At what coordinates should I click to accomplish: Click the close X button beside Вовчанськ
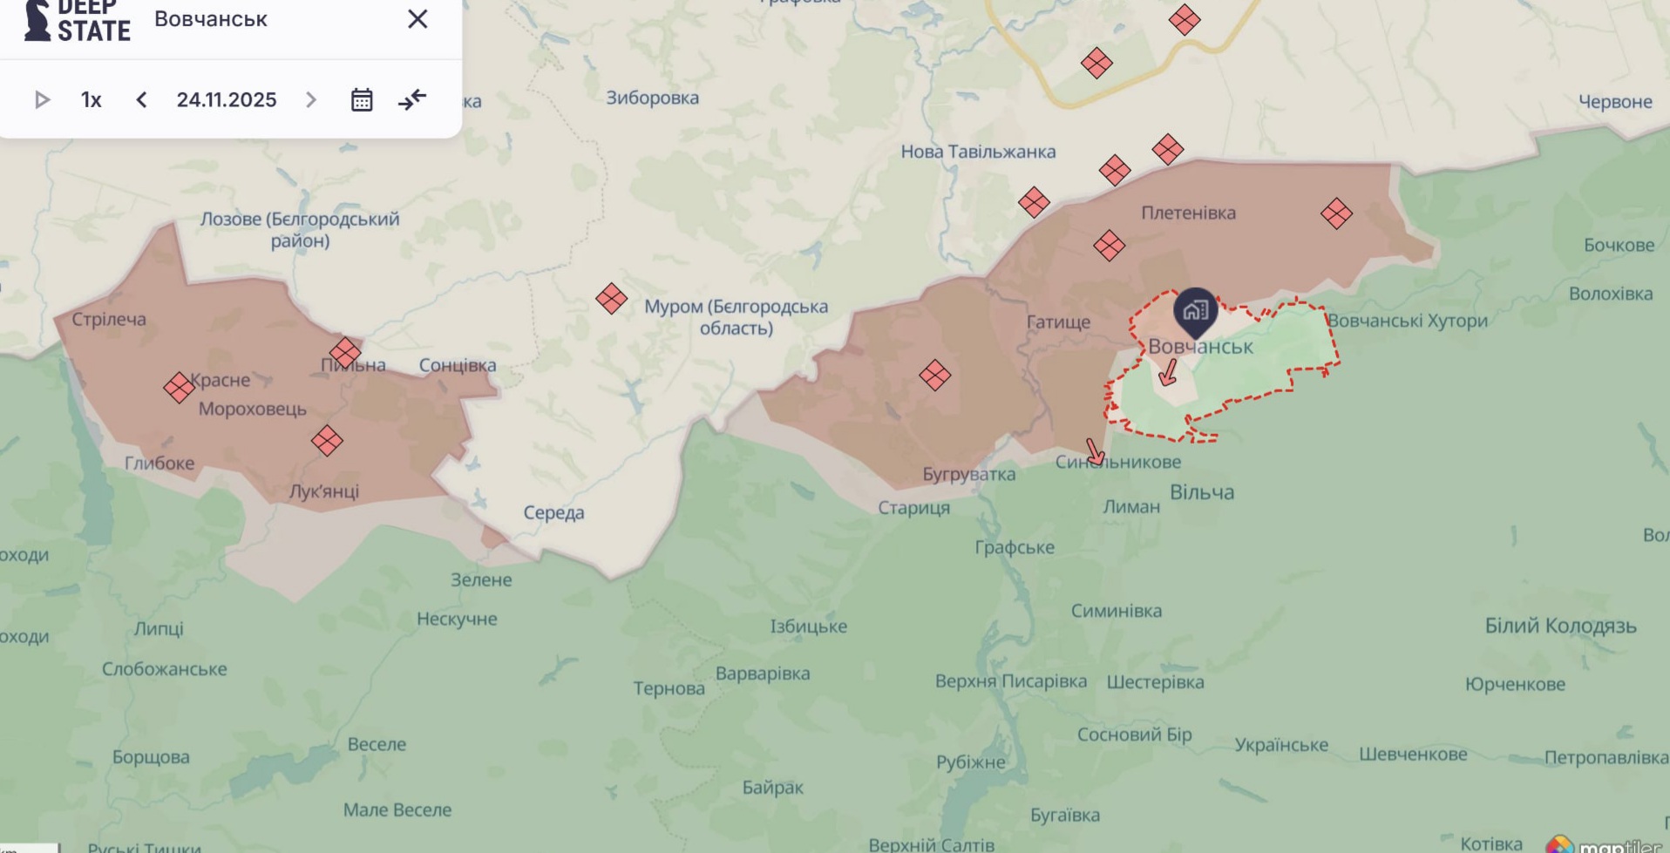(x=417, y=19)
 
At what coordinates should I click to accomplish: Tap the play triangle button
(x=41, y=100)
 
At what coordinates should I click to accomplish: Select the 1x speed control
(x=92, y=100)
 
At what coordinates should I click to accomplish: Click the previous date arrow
(x=141, y=100)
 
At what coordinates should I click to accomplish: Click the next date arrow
(x=311, y=100)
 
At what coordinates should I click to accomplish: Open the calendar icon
(x=362, y=100)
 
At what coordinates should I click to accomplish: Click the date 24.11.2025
(x=227, y=100)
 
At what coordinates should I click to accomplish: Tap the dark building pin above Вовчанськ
(x=1195, y=310)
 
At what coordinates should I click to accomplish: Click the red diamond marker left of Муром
(x=611, y=299)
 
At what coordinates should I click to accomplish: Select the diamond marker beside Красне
(x=179, y=388)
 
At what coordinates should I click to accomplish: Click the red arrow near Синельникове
(x=1094, y=451)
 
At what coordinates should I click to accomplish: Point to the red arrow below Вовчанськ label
(x=1169, y=373)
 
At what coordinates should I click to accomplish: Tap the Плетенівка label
(x=1188, y=213)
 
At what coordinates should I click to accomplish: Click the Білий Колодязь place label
(x=1560, y=626)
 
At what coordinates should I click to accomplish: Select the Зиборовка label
(x=652, y=98)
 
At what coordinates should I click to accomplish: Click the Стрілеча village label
(x=109, y=319)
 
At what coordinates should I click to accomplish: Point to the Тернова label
(x=669, y=688)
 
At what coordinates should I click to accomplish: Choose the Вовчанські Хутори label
(x=1407, y=321)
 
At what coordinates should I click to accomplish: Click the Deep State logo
(x=77, y=21)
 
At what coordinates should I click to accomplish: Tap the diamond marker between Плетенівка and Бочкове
(x=1335, y=213)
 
